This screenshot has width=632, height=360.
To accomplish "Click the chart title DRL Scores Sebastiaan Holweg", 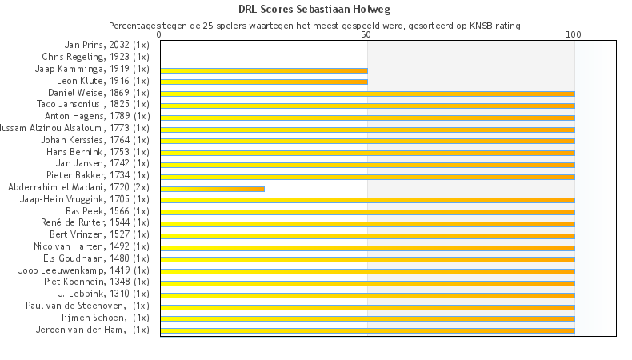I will (316, 10).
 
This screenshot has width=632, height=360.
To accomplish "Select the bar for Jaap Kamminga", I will (264, 70).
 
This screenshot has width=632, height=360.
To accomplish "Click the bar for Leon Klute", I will (264, 82).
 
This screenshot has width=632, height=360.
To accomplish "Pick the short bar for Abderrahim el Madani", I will (212, 189).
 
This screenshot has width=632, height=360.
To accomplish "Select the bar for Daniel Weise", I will (367, 94).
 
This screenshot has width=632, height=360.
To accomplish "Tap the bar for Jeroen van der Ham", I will (367, 330).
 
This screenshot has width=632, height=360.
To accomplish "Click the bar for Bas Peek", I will (367, 212).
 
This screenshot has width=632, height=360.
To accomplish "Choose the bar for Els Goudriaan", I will (367, 259).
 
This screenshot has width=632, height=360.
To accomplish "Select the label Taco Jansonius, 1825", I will (93, 105).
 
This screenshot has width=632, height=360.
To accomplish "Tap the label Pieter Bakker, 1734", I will (98, 175).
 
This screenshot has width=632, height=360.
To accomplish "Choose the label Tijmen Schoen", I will (105, 318).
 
